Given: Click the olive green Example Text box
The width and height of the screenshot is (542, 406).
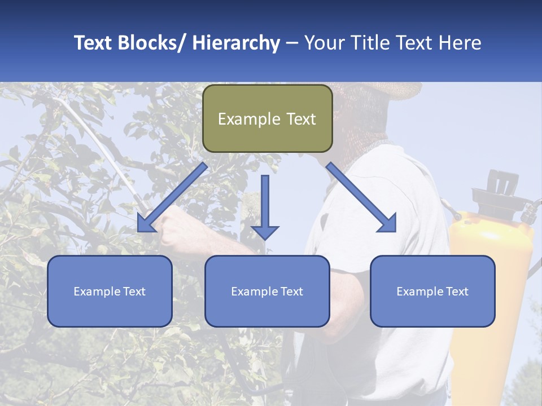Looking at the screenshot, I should click(x=267, y=119).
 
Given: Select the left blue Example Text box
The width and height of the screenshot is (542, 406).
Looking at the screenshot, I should click(x=110, y=292).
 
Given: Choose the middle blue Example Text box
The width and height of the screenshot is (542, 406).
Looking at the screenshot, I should click(x=267, y=292).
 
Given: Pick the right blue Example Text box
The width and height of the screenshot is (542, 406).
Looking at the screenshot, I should click(x=432, y=292).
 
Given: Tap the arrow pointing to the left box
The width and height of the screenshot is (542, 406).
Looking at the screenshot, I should click(x=172, y=197).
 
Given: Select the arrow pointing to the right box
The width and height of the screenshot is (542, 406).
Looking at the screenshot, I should click(x=361, y=197).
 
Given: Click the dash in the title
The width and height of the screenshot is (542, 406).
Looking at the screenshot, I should click(x=292, y=43).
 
